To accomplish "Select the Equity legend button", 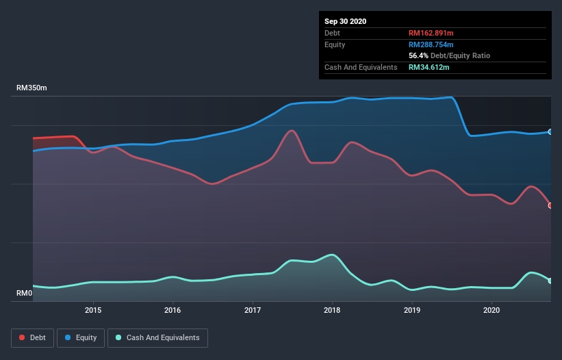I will [81, 337].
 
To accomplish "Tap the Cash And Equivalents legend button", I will [157, 337].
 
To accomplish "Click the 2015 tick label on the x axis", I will [93, 310].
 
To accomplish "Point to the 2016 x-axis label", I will [173, 310].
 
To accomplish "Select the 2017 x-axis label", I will [253, 310].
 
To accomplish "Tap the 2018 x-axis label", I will [332, 310].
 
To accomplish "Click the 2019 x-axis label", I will [412, 310].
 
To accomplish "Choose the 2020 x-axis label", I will [491, 310].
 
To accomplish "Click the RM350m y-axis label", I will [31, 88].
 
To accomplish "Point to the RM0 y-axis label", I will [25, 294].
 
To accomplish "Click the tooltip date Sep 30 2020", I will [345, 21].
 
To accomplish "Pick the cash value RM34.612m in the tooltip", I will [430, 67].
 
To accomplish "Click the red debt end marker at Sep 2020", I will [550, 205].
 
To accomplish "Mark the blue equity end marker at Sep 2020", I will [550, 131].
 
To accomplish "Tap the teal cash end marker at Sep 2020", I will [550, 281].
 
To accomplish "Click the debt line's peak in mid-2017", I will [292, 130].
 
